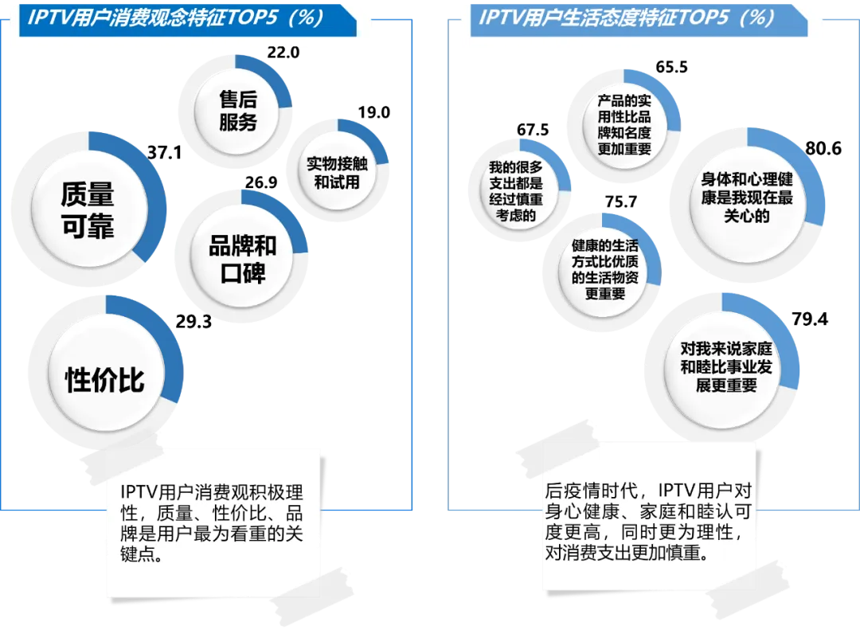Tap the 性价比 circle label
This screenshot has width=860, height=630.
(104, 380)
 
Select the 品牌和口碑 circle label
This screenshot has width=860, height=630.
(242, 259)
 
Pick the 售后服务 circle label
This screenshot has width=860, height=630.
(238, 111)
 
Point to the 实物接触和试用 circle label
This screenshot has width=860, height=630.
(337, 173)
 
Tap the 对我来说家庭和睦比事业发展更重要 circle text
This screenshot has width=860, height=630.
(725, 367)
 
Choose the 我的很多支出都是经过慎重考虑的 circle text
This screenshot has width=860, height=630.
(515, 190)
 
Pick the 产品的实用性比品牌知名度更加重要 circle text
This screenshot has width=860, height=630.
(624, 125)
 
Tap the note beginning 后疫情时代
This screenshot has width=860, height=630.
(647, 520)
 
